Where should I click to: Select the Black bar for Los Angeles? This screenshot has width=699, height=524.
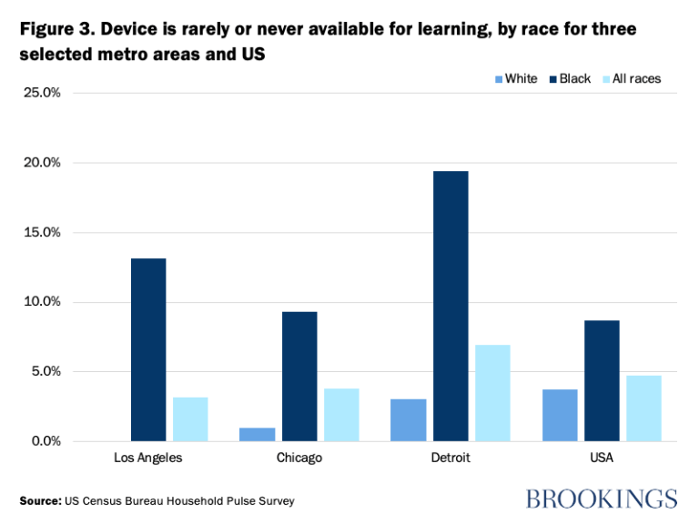point(148,349)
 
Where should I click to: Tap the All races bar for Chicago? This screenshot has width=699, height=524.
point(341,415)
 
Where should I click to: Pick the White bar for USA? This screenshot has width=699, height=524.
point(560,415)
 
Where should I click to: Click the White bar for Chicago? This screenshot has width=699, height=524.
point(258,434)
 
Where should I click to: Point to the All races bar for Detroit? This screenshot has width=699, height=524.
point(492,393)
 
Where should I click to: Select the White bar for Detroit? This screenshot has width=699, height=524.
point(409,419)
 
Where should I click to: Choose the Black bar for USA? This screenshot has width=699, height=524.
point(602,380)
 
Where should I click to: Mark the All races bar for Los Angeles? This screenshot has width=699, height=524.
point(190,418)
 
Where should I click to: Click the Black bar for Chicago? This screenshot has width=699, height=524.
point(299,376)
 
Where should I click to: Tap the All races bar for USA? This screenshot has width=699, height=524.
point(643,408)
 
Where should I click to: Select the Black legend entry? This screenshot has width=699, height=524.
point(568,79)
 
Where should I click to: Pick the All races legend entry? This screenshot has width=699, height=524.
point(629,79)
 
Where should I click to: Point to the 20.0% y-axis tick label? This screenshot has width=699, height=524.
point(41,163)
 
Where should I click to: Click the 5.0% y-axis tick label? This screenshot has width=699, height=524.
point(45,371)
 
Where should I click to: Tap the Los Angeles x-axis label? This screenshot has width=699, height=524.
point(147,458)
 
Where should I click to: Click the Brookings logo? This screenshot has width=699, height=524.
point(601,499)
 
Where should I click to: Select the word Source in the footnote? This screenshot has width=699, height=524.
point(39,500)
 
